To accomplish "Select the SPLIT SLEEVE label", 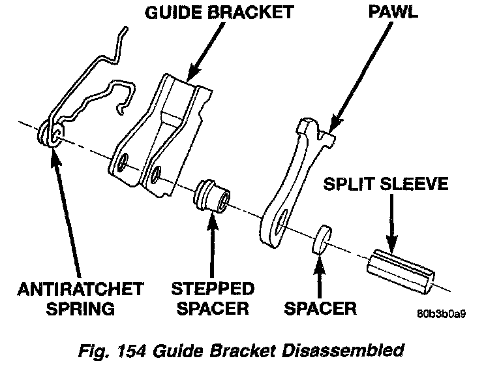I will coord(387,185).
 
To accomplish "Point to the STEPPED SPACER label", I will coord(212,297).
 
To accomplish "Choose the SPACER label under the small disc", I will coord(321,307).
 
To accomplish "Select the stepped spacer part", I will coord(213,195).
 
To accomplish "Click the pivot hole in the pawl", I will coord(281,225).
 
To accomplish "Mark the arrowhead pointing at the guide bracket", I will coord(190,76).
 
